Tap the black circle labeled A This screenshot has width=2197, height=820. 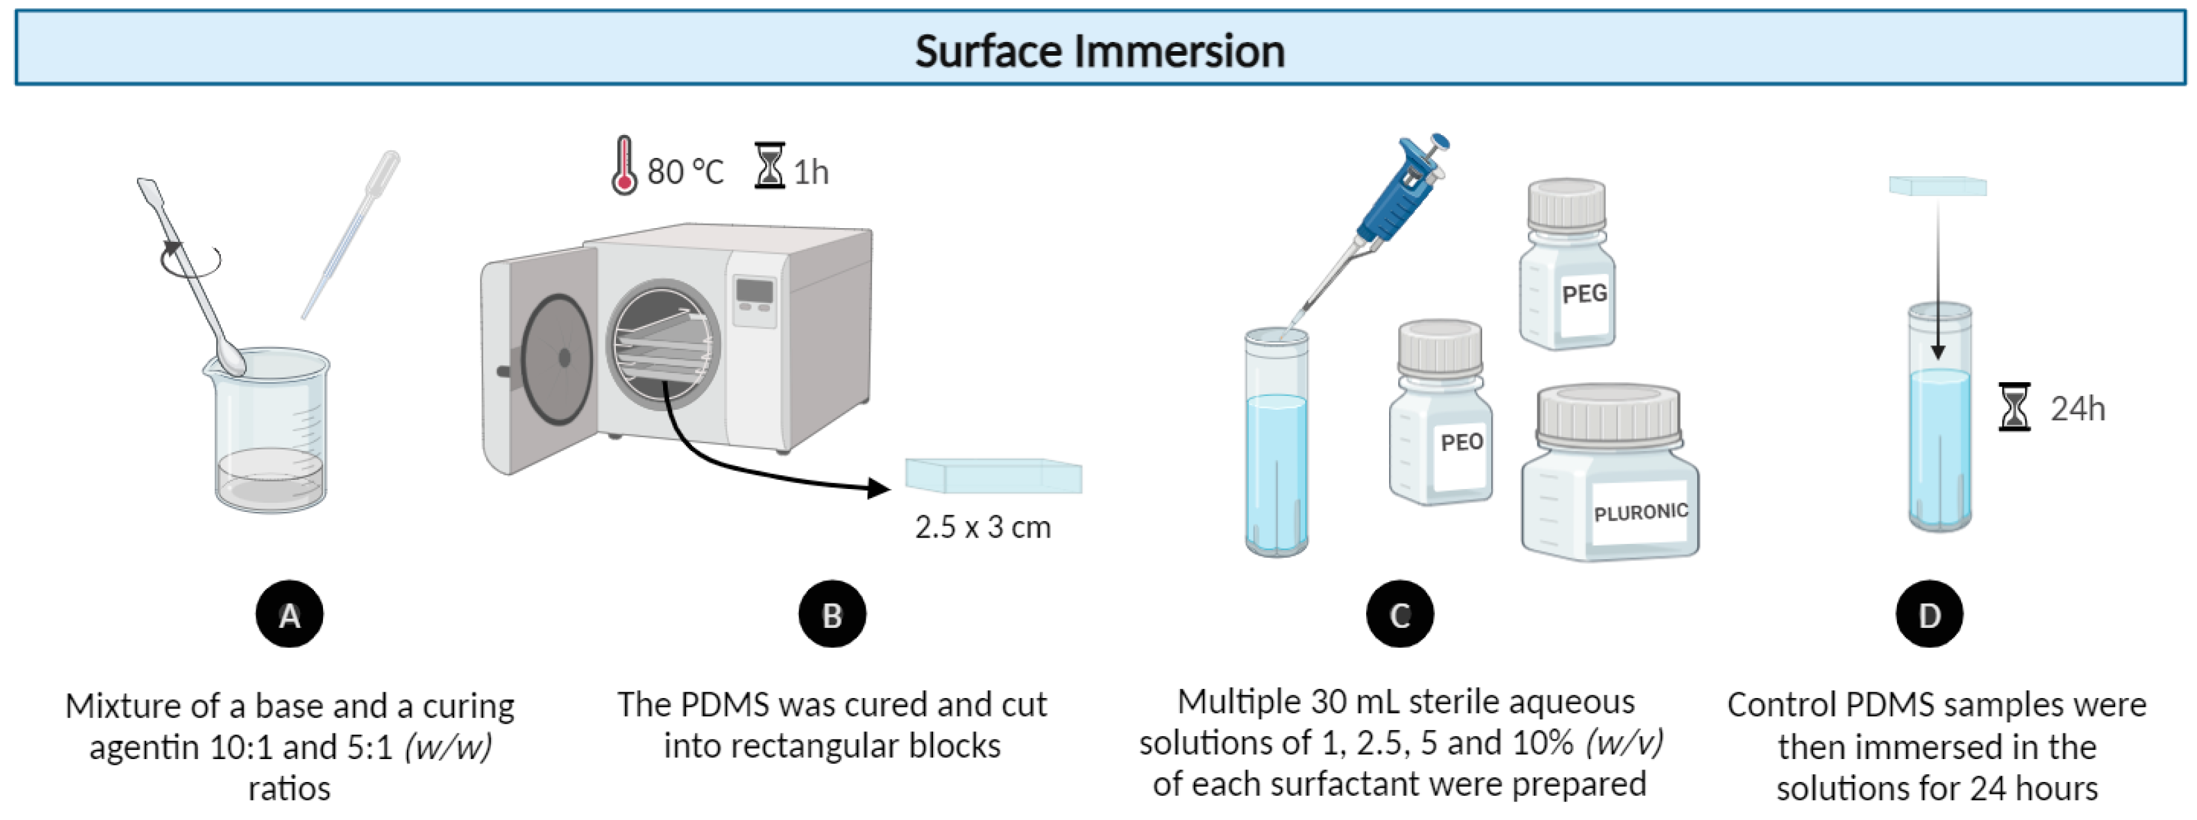coord(289,614)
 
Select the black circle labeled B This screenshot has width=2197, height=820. coord(831,614)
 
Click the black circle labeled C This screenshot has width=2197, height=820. coord(1400,614)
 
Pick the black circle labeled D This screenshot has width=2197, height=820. coord(1929,614)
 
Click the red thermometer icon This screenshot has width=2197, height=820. coord(624,166)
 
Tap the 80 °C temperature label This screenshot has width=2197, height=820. coord(685,172)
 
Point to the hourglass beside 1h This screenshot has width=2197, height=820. coord(769,166)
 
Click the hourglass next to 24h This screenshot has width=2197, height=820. coord(2014,407)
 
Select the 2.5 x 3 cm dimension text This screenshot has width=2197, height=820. coord(982,527)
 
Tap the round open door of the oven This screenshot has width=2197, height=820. coord(556,359)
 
